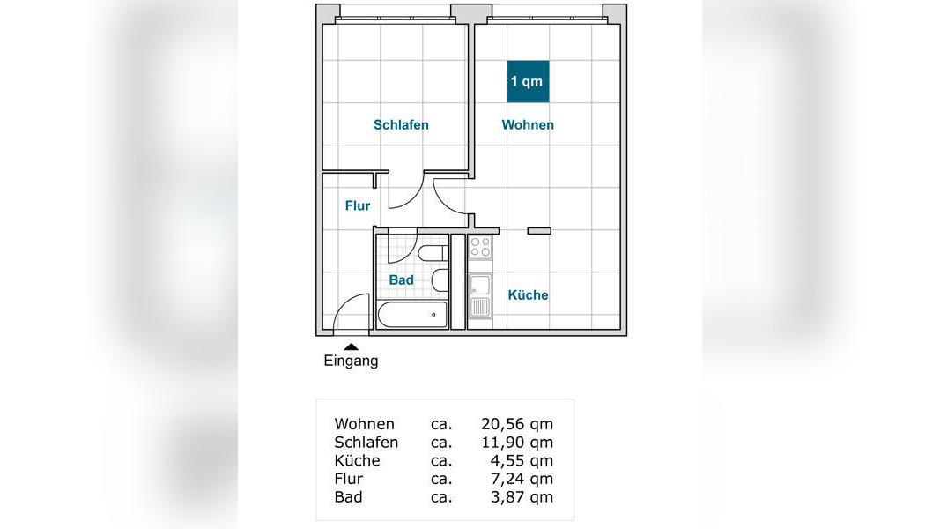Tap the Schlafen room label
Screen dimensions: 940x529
pos(401,124)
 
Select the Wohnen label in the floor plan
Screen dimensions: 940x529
pos(528,124)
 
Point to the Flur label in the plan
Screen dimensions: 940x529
pos(358,205)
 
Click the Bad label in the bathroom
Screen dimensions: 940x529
pos(401,280)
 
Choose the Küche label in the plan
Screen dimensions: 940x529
pos(529,295)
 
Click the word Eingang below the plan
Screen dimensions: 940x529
pos(351,361)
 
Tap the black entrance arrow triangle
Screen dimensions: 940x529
pos(352,346)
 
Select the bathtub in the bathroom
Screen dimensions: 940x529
pos(412,314)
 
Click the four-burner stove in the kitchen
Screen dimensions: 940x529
pos(479,247)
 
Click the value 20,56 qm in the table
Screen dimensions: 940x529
pos(517,424)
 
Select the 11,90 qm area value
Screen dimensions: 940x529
pos(517,442)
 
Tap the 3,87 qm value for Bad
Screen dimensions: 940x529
pos(522,497)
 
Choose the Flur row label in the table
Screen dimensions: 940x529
pos(348,479)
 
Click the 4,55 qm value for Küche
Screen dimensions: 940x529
pos(522,460)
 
